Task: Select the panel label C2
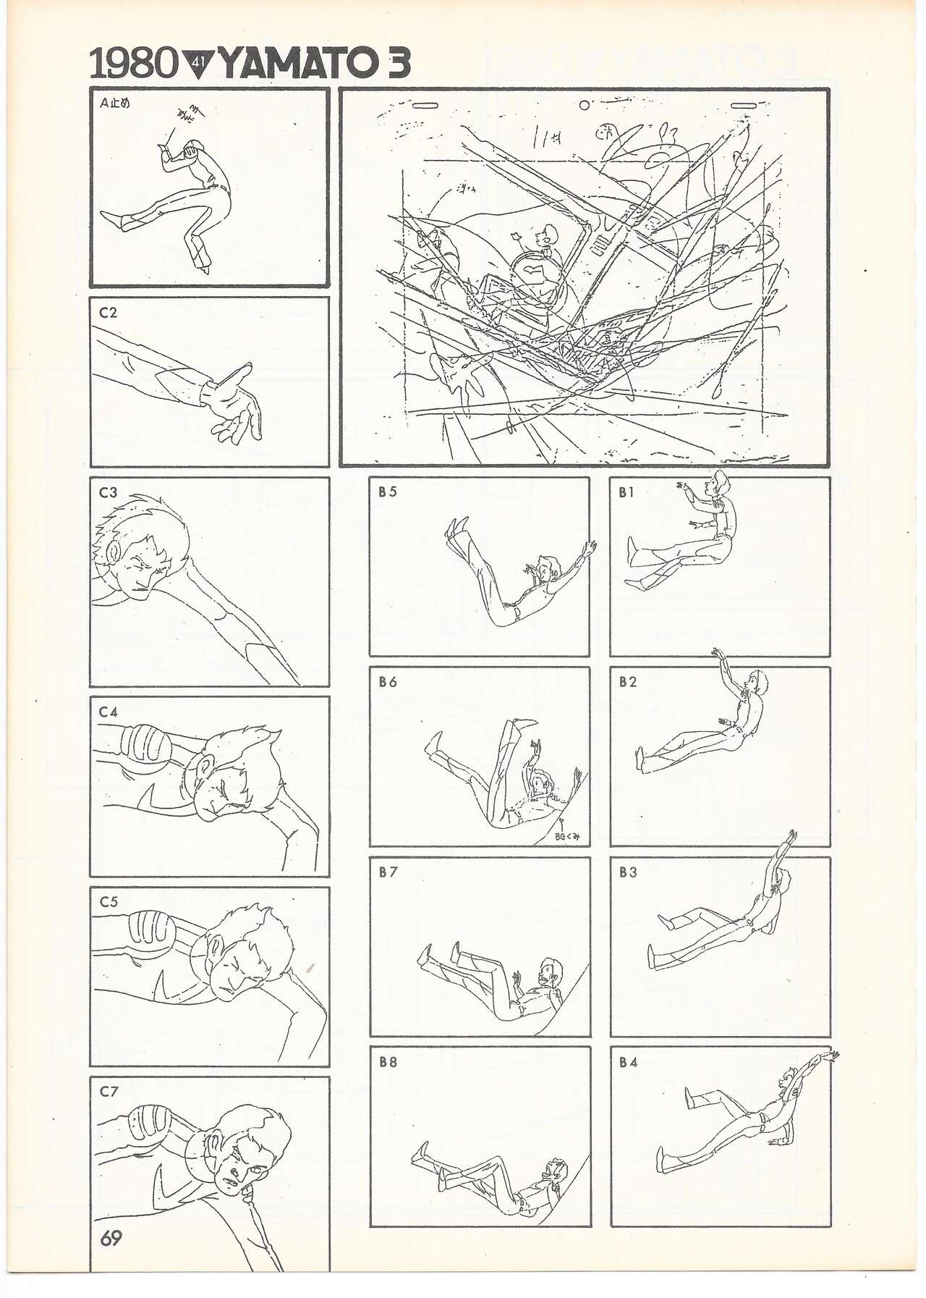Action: tap(108, 313)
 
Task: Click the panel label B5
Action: tap(387, 492)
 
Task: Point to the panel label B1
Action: tap(626, 492)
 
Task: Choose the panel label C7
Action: tap(108, 1092)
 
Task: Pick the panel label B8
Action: tap(387, 1063)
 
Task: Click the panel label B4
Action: tap(627, 1063)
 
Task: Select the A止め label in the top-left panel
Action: tap(114, 103)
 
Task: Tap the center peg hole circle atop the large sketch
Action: tap(584, 104)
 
